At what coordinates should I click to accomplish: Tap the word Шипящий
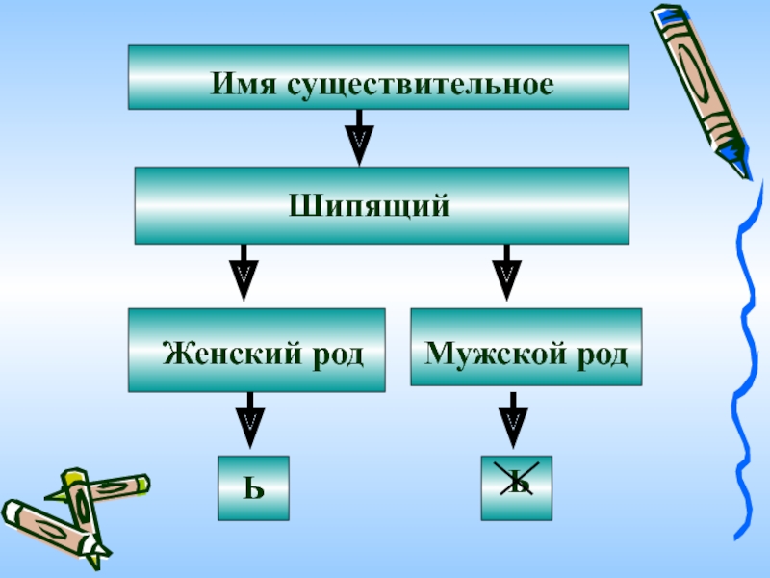pyautogui.click(x=370, y=206)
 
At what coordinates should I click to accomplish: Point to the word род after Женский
pyautogui.click(x=335, y=354)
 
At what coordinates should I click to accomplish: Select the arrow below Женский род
pyautogui.click(x=250, y=421)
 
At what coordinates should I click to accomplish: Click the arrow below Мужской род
pyautogui.click(x=513, y=421)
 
